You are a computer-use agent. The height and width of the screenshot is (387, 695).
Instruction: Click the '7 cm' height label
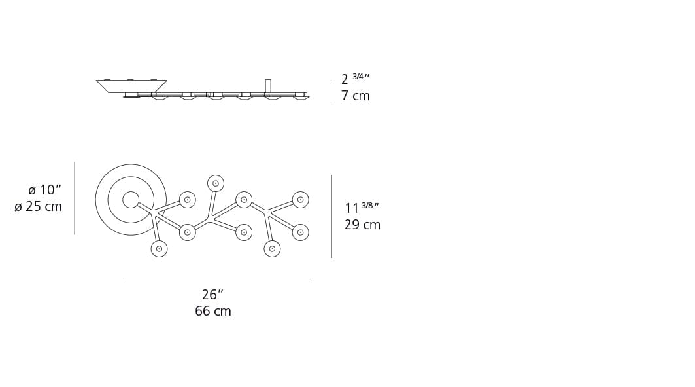(355, 96)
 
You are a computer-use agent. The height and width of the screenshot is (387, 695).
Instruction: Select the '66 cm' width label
(212, 312)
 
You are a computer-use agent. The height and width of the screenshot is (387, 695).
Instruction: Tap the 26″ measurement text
(212, 295)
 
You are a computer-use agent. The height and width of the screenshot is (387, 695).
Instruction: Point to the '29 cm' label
(362, 225)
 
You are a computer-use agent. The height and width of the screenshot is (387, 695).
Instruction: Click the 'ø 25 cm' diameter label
(38, 207)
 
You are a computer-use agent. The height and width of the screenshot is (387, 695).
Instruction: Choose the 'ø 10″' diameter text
(44, 191)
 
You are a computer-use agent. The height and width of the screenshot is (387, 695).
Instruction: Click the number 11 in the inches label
(352, 209)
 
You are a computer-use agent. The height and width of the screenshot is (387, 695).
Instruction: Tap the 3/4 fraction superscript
(360, 77)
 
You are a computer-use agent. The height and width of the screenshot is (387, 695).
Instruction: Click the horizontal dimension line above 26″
(215, 278)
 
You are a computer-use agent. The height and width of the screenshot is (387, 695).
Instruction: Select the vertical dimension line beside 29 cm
(331, 216)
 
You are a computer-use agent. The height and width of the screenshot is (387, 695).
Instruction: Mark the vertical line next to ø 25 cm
(75, 198)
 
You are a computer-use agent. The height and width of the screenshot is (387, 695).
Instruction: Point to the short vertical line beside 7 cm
(331, 90)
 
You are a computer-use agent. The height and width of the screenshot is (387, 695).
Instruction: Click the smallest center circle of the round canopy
(131, 200)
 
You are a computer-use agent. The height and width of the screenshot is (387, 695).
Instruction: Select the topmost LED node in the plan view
(216, 183)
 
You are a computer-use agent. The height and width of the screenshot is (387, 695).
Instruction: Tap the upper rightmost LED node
(300, 200)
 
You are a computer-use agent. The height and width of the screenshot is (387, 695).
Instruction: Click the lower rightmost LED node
(300, 232)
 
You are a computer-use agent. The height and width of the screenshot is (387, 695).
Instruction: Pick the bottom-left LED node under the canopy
(159, 249)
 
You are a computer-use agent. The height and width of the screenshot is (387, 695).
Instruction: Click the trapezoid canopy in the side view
(131, 86)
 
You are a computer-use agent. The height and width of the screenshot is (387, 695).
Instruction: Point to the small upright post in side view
(268, 86)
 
